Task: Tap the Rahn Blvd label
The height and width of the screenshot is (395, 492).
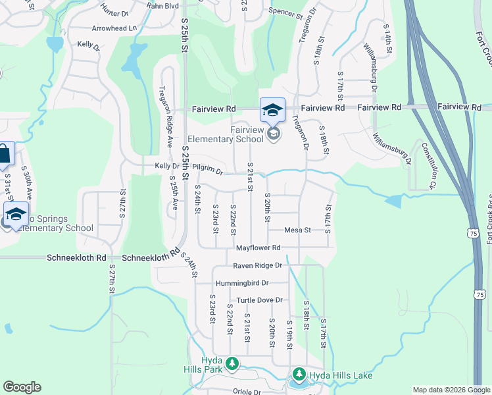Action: (x=162, y=6)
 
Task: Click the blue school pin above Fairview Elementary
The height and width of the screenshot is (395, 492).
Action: (x=273, y=111)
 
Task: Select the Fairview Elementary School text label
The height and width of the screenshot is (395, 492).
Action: (x=226, y=134)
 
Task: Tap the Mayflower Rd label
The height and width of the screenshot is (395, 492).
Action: (x=258, y=248)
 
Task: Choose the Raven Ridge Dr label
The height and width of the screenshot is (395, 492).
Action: (x=258, y=265)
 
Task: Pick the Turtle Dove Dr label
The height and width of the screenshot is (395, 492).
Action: (x=260, y=300)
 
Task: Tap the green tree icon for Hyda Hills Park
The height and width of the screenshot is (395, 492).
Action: (x=232, y=363)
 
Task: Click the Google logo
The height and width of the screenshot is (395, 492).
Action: (x=22, y=387)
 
